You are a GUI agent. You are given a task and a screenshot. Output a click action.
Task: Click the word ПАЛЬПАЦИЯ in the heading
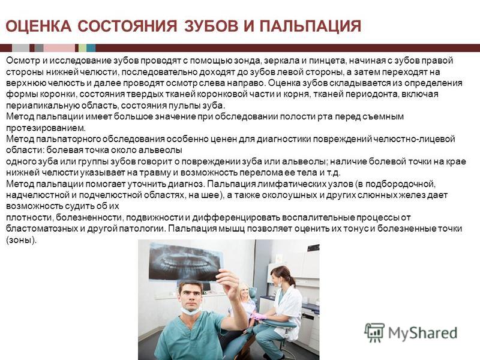click(x=310, y=26)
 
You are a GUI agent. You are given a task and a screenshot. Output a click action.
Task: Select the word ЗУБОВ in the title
click(x=211, y=26)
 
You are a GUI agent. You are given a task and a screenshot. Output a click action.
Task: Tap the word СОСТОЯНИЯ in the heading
click(x=127, y=26)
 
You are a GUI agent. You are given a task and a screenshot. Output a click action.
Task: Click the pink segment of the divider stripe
click(x=59, y=48)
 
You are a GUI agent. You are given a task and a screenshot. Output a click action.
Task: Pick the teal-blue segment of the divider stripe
click(x=91, y=48)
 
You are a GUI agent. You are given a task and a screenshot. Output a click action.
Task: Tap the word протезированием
click(x=46, y=128)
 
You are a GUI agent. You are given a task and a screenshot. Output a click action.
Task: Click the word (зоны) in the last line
click(x=22, y=240)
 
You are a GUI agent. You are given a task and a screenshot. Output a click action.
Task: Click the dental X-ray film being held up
click(x=185, y=262)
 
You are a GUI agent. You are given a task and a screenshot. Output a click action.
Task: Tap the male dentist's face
click(x=191, y=296)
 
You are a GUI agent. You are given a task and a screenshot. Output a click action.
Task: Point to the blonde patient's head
click(x=244, y=291)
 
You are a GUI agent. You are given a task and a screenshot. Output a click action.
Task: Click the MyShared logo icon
click(x=374, y=332)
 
